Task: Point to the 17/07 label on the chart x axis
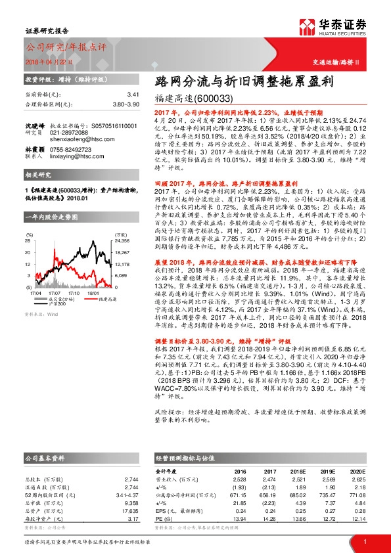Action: point(55,274)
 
